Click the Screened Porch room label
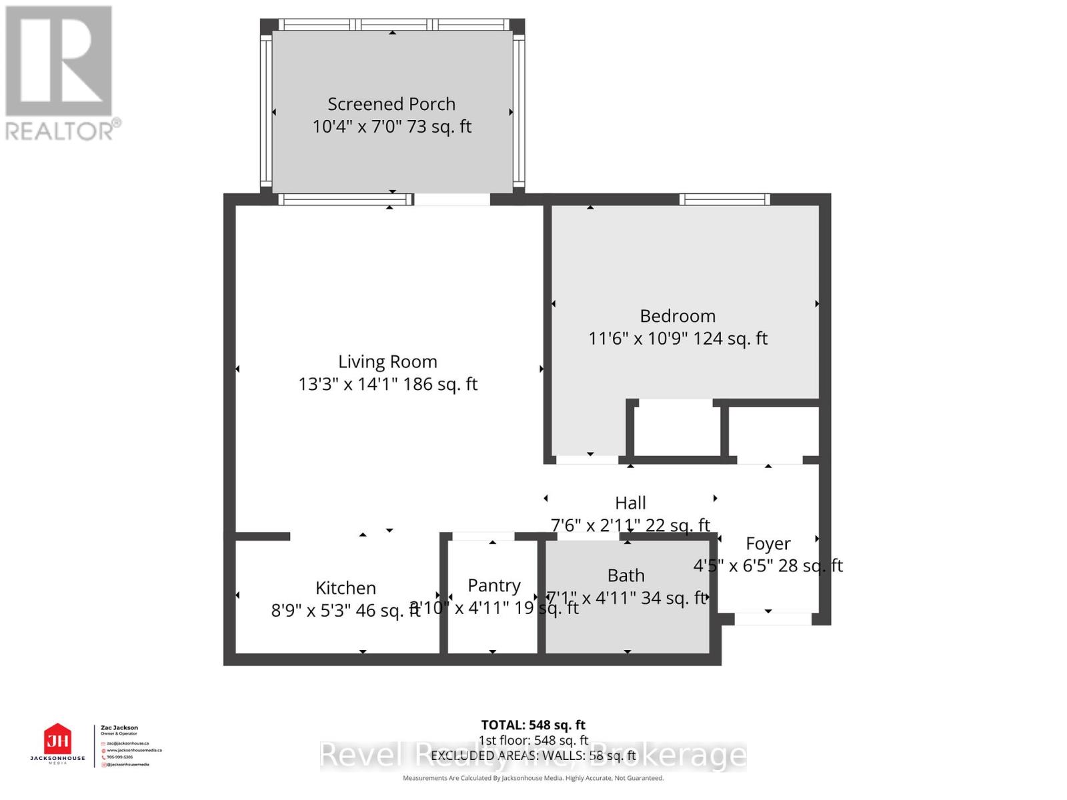(391, 104)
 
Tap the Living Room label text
(387, 362)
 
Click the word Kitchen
(345, 588)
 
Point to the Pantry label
(493, 585)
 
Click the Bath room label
(626, 575)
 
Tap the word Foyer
(768, 544)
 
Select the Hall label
(630, 503)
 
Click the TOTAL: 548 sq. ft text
(533, 725)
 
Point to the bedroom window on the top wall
(724, 199)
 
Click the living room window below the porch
(345, 199)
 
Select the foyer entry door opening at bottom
(772, 619)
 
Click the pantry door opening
(483, 536)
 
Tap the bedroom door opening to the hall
(587, 459)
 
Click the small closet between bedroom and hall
(676, 430)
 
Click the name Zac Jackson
(119, 728)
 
